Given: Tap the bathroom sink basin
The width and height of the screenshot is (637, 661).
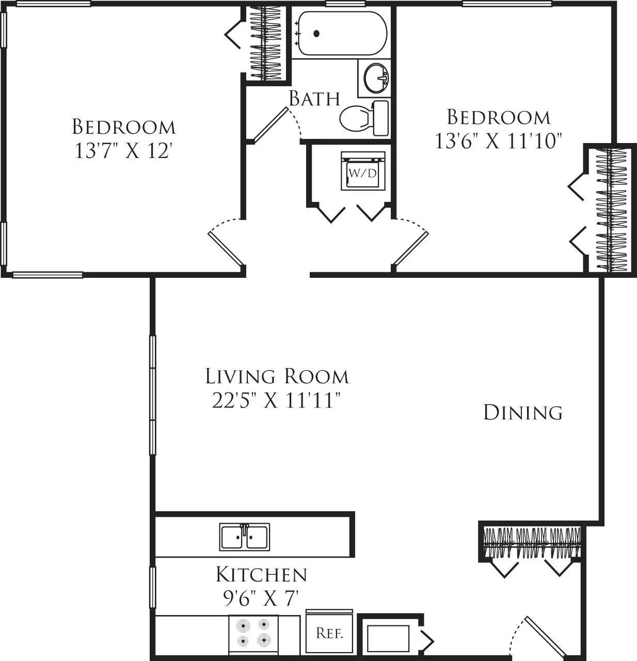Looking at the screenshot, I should coord(376,78).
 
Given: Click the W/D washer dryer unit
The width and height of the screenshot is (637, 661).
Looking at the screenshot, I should coord(363,172).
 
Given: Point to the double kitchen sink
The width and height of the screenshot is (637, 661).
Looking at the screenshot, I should coord(244,537).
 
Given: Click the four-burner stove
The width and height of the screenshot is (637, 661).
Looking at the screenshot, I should coord(253,634).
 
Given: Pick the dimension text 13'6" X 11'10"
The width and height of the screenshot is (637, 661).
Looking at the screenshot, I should coord(498,140).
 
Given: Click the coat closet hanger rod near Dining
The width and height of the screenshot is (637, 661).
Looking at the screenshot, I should coord(532,543).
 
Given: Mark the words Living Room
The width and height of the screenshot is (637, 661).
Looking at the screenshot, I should coord(277,376).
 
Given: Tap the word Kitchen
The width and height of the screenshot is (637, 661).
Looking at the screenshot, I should coord(261,574).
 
